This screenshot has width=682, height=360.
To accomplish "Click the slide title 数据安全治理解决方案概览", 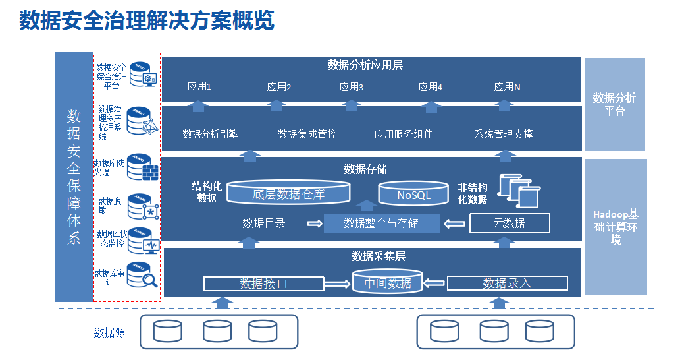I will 146,21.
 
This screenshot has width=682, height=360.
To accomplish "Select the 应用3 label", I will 352,86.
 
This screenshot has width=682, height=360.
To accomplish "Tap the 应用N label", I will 508,86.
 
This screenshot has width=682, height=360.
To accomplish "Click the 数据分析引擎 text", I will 210,134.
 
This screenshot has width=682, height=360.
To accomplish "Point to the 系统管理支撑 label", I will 504,134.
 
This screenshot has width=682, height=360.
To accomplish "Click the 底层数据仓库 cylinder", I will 288,193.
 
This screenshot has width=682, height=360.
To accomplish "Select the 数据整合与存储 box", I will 381,224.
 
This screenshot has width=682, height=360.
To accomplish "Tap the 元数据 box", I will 510,224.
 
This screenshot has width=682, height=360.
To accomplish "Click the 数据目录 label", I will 264,224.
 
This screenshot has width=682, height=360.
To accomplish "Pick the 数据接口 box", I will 263,284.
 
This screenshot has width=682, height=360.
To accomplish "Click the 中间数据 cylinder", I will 388,282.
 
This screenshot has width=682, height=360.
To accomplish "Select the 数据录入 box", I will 507,284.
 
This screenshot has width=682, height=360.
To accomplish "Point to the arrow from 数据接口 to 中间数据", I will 338,284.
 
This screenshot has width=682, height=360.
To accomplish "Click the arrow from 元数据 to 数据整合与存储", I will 454,224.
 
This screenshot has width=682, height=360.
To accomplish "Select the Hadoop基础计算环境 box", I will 616,227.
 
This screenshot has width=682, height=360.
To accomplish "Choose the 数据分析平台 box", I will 614,104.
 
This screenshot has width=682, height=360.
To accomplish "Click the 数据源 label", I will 109,332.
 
